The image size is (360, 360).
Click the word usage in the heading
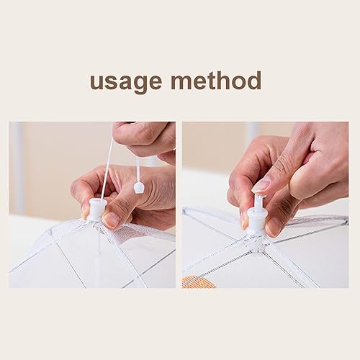126,82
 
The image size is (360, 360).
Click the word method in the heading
216,80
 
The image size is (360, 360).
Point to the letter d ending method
253,80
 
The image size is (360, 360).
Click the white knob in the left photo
97,209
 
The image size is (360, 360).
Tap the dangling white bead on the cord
138,187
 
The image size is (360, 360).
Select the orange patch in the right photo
197,282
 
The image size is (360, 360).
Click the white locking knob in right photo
256,221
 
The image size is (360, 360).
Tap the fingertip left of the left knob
84,210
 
